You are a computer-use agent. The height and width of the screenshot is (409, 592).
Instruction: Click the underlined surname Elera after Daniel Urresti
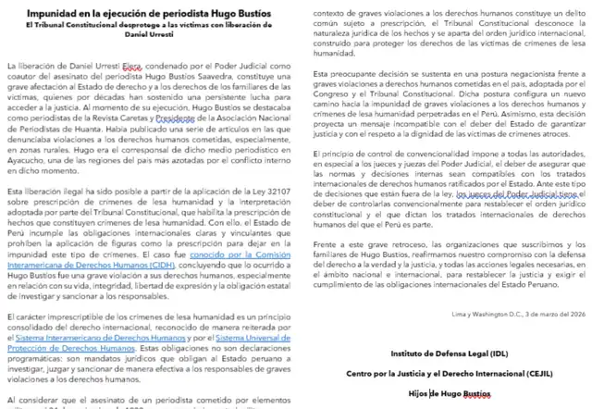pos(132,67)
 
